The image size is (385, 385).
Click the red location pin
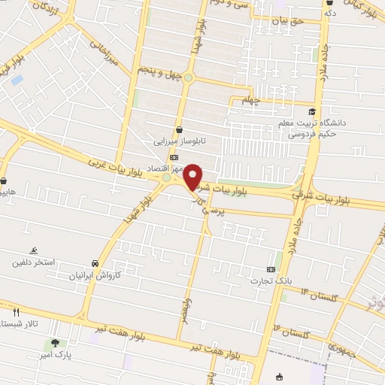193,176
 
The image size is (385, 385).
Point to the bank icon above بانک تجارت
271,269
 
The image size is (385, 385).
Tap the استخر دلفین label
32,263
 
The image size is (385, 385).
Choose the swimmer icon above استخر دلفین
33,251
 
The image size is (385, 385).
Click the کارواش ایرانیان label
95,276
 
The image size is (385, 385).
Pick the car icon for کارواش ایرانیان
95,264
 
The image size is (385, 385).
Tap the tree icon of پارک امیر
56,344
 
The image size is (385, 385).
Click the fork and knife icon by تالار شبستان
15,311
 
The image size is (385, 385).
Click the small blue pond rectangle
17,79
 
